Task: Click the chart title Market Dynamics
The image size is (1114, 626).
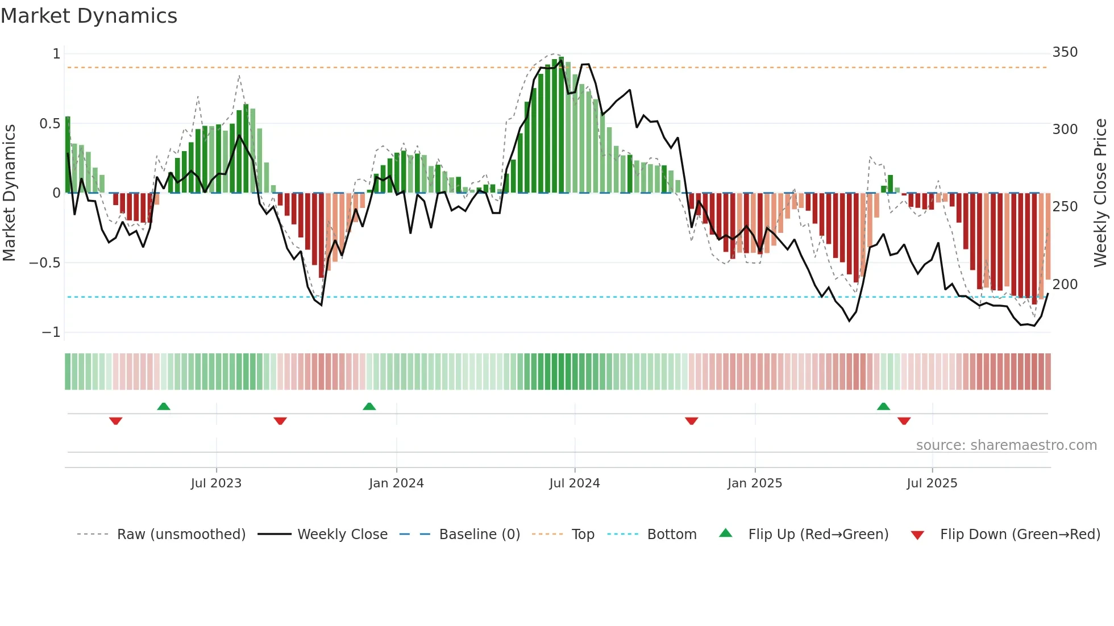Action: pyautogui.click(x=89, y=16)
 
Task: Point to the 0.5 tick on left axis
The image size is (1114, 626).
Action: pyautogui.click(x=49, y=124)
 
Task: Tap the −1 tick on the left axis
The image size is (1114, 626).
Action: pyautogui.click(x=51, y=332)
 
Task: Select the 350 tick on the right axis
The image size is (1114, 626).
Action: pyautogui.click(x=1065, y=52)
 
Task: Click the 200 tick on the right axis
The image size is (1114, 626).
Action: pyautogui.click(x=1065, y=284)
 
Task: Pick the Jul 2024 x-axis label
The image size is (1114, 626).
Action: pyautogui.click(x=574, y=483)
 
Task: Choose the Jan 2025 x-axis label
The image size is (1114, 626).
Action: pyautogui.click(x=754, y=483)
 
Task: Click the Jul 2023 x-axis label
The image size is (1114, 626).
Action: pyautogui.click(x=216, y=483)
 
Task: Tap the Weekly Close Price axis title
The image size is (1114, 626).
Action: pyautogui.click(x=1100, y=193)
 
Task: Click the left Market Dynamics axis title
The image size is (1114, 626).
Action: pyautogui.click(x=9, y=193)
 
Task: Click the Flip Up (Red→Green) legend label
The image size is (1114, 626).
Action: pyautogui.click(x=818, y=535)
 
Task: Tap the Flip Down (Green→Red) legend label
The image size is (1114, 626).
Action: pyautogui.click(x=1020, y=535)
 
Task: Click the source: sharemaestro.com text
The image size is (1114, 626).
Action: pyautogui.click(x=1006, y=445)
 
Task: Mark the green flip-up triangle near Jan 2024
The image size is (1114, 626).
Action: pyautogui.click(x=369, y=406)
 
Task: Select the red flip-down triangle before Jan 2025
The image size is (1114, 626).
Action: pyautogui.click(x=691, y=421)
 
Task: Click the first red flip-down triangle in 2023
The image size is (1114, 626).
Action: pyautogui.click(x=115, y=421)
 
